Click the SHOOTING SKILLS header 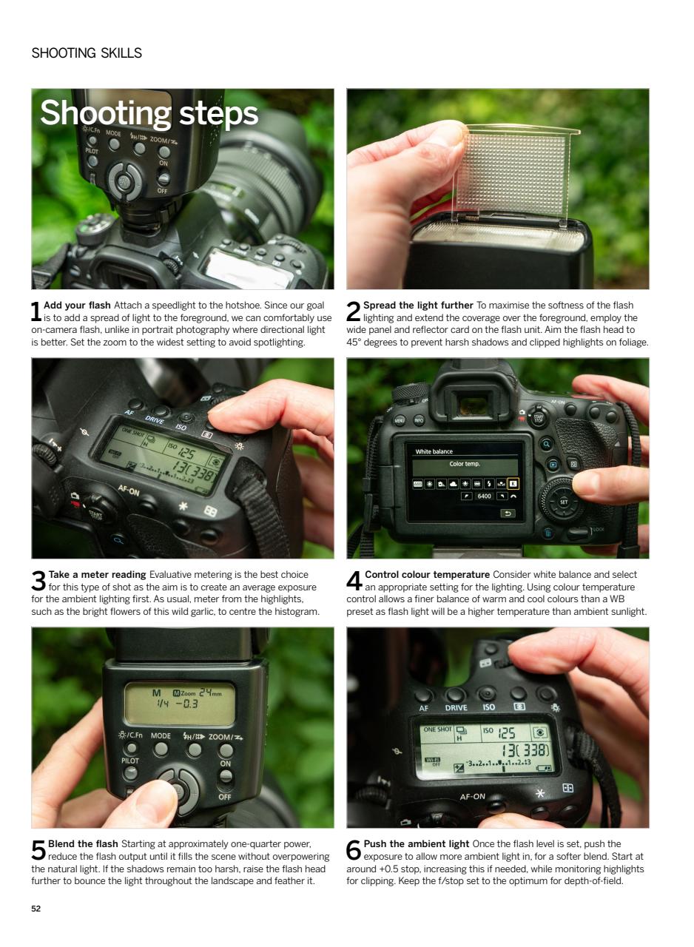[87, 53]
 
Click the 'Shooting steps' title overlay [149, 112]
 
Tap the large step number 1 [36, 311]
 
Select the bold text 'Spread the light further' [418, 305]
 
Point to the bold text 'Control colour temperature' [427, 574]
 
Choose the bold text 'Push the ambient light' [416, 843]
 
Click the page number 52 [36, 909]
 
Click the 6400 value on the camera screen [484, 496]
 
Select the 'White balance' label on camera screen [434, 451]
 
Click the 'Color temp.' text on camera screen [465, 464]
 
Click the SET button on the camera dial [564, 501]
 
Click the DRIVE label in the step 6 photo [456, 707]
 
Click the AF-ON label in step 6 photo [473, 797]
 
